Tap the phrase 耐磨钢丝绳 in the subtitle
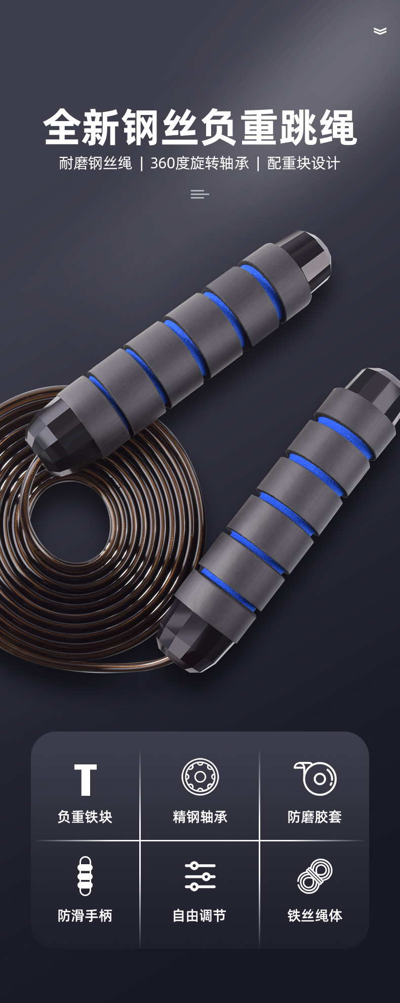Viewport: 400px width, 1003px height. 95,163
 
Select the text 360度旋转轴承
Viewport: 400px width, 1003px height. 199,163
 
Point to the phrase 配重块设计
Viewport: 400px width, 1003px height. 303,163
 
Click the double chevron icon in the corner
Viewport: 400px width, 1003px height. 380,31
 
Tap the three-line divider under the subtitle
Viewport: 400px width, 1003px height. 199,194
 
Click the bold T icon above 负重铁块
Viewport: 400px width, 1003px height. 85,780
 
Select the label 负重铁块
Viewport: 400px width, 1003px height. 85,817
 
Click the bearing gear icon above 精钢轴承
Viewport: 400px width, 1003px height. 200,777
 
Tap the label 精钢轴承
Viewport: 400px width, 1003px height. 200,817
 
